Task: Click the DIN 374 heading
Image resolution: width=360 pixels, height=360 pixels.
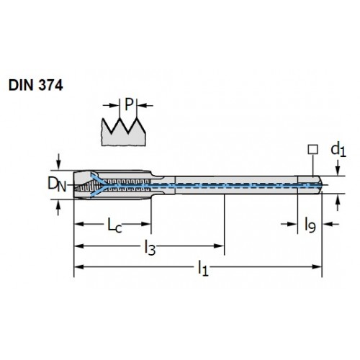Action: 36,85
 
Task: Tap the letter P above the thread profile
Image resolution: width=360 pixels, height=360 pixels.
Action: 129,104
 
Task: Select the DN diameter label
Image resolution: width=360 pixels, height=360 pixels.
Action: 57,184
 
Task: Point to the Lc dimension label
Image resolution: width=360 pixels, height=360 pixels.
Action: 114,225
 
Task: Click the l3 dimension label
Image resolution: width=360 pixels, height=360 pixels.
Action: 150,248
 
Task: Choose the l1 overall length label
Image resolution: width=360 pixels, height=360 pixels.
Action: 203,269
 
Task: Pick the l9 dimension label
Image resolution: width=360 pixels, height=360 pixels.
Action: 310,225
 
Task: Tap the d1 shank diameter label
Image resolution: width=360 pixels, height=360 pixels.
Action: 338,149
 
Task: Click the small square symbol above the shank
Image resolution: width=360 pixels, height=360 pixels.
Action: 313,149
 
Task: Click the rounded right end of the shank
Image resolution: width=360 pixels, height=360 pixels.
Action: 320,185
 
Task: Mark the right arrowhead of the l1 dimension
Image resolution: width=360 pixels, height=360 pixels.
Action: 316,267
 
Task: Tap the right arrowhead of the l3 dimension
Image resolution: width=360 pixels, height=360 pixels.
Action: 219,246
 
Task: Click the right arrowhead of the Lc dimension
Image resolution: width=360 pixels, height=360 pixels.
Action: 146,224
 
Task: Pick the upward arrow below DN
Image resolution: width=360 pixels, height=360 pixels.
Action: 58,207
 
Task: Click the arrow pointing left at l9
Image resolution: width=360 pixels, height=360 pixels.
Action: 331,224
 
